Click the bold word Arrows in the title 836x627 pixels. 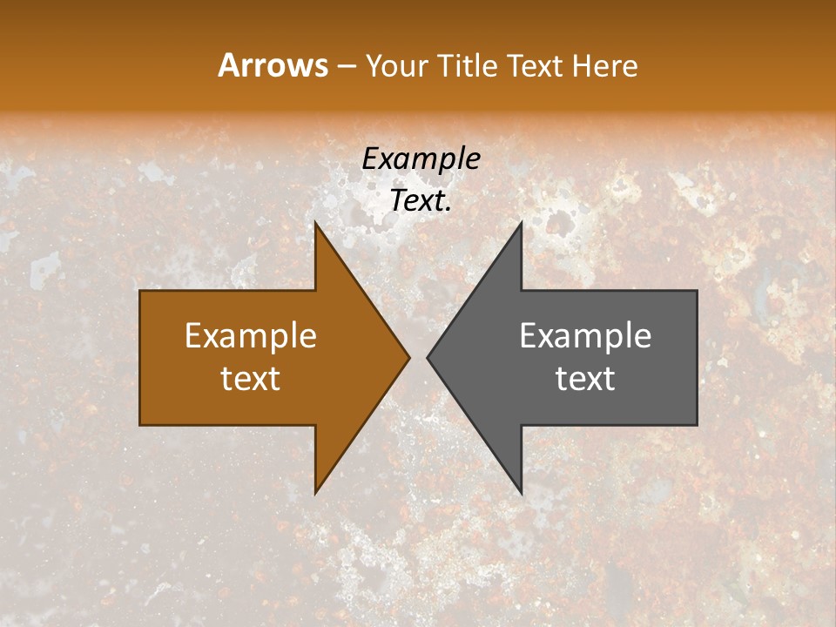(273, 65)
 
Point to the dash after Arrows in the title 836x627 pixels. (346, 66)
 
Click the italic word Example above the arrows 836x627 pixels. (421, 158)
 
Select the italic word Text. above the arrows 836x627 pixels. (421, 201)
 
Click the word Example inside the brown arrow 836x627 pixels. (251, 336)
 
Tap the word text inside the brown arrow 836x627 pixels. (251, 379)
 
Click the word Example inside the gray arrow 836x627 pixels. (585, 336)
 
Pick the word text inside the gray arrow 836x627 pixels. (585, 379)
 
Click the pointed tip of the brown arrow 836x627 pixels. (408, 357)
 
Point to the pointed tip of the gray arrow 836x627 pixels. (428, 357)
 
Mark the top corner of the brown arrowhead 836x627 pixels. (315, 223)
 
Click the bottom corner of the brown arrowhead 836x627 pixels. (315, 492)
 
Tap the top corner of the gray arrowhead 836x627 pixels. (521, 223)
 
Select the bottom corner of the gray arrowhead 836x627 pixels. (521, 492)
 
